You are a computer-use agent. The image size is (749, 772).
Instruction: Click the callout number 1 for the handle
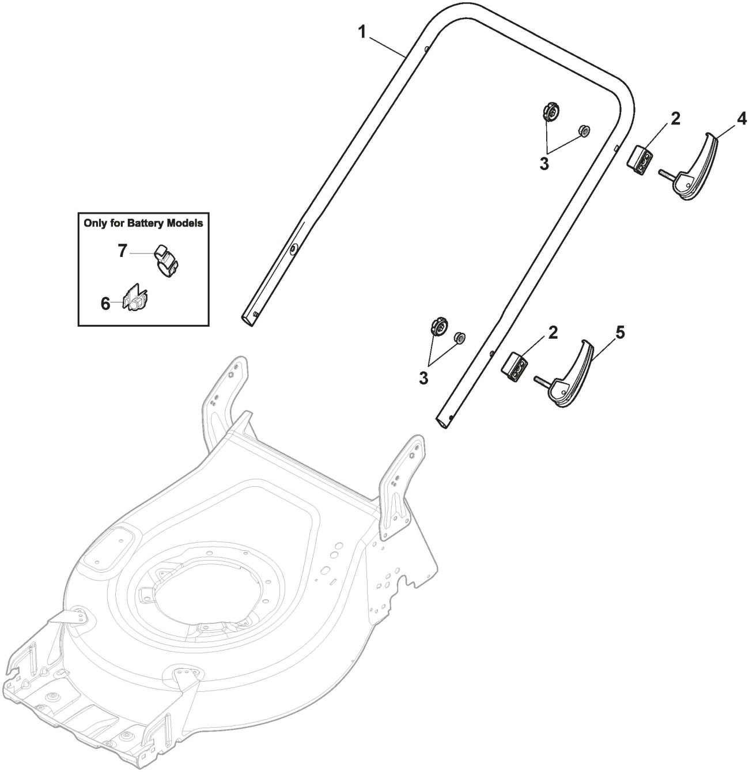362,32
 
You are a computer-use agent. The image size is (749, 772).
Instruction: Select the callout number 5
619,332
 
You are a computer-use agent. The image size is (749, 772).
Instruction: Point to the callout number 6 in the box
105,304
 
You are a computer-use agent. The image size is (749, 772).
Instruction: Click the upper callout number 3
544,163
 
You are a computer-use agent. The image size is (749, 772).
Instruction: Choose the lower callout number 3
423,378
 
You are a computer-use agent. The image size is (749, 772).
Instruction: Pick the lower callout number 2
553,332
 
